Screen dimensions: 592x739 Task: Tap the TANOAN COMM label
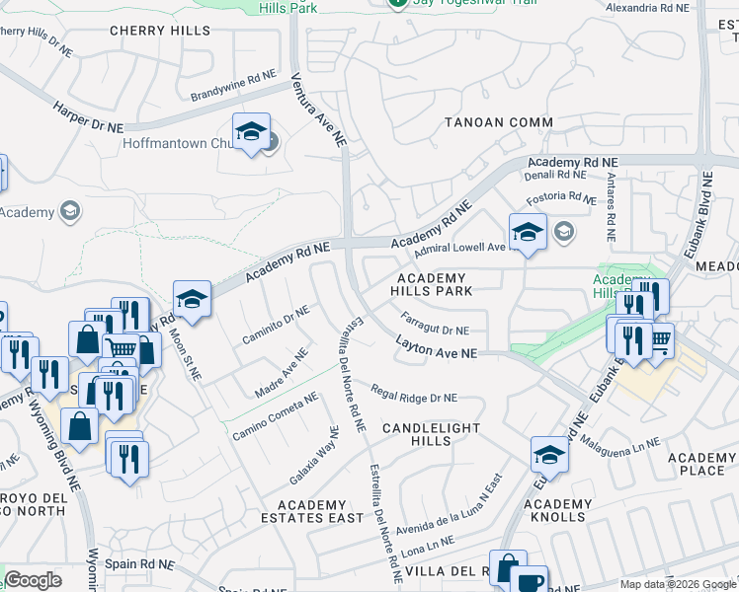498,122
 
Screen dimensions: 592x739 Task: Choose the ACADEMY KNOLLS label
562,511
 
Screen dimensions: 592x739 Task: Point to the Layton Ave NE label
437,348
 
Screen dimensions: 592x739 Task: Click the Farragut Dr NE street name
436,324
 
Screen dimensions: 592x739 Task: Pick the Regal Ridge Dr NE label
414,394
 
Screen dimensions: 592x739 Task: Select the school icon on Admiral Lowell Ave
528,232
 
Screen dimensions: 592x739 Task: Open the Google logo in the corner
33,580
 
